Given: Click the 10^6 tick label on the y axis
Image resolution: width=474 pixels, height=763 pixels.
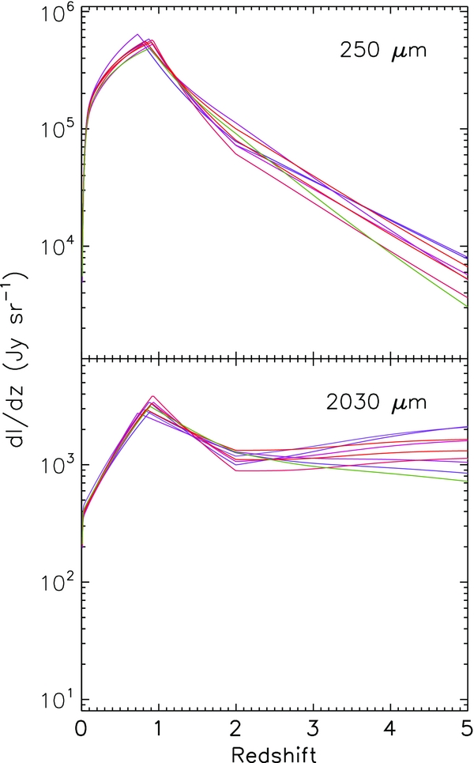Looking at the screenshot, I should (x=55, y=12).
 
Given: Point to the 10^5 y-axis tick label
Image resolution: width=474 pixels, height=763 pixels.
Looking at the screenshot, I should (x=55, y=130).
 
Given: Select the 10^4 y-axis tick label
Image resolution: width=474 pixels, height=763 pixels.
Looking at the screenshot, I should (x=55, y=247).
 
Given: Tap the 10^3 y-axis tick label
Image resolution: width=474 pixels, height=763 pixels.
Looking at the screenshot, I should (x=55, y=465).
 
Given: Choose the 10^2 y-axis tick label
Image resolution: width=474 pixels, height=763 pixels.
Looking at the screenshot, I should (x=55, y=583).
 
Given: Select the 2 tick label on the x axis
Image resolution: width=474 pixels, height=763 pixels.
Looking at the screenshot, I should (x=236, y=727).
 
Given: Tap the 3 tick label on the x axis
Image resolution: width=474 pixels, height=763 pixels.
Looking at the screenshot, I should (x=314, y=727).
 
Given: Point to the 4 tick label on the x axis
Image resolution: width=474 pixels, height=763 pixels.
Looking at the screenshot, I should (x=390, y=727).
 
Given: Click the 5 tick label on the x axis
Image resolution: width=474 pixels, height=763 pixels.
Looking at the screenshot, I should (x=466, y=727).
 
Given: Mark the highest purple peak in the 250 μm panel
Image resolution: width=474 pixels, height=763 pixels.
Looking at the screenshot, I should (x=137, y=35).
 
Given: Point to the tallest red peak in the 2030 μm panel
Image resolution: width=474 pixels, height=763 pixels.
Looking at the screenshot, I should (x=152, y=396).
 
